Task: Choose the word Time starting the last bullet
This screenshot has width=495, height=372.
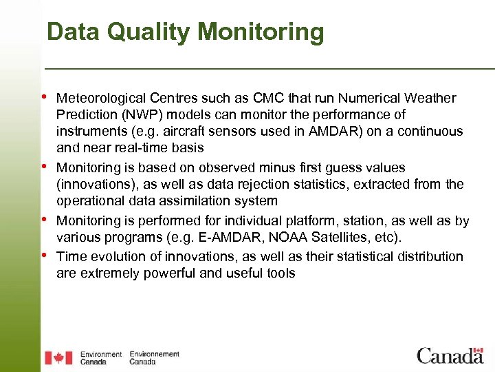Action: pos(70,257)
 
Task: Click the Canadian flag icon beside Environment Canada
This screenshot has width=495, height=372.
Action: pos(58,358)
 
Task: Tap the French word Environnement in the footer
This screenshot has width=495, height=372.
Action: pos(154,354)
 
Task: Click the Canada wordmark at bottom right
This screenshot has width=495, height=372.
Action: pos(450,355)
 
